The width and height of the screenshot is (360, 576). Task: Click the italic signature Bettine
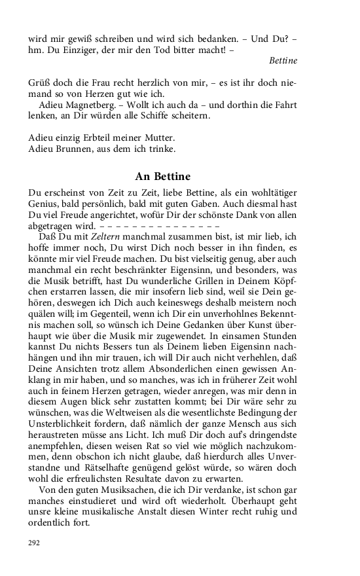(x=283, y=60)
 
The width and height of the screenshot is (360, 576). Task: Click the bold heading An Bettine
(x=162, y=176)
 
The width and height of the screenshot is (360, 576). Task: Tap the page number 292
(x=34, y=542)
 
